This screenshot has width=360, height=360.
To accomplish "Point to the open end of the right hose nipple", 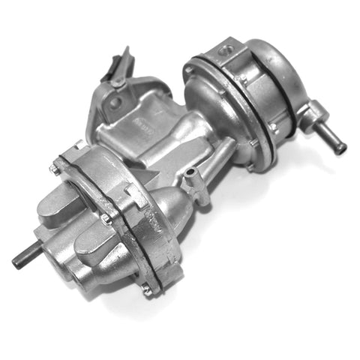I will [341, 148].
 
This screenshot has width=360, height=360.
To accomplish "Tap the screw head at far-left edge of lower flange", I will [55, 170].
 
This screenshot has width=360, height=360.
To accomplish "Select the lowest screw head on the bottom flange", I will [147, 288].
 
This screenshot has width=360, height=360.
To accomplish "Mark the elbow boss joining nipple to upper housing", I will [305, 116].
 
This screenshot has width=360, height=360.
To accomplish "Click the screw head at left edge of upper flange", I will [187, 71].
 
